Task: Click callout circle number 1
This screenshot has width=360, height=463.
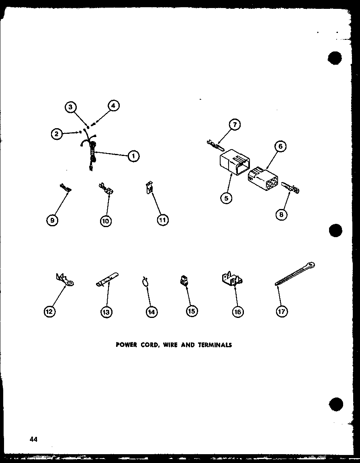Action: [x=133, y=156]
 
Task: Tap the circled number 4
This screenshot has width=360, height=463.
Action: [x=114, y=105]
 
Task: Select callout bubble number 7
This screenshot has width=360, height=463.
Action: [x=235, y=125]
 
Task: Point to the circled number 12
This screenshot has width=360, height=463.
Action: [x=50, y=311]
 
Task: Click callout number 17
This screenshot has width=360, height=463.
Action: [x=282, y=311]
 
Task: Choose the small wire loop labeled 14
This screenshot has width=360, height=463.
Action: [x=145, y=281]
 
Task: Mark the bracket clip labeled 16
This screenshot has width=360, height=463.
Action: [x=232, y=279]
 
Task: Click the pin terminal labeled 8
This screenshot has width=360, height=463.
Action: [x=290, y=187]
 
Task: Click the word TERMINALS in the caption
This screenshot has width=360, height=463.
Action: [x=215, y=345]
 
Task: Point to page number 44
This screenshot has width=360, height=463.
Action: [x=33, y=439]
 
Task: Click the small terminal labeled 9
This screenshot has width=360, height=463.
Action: [x=65, y=187]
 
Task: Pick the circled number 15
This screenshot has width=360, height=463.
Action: [x=192, y=311]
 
